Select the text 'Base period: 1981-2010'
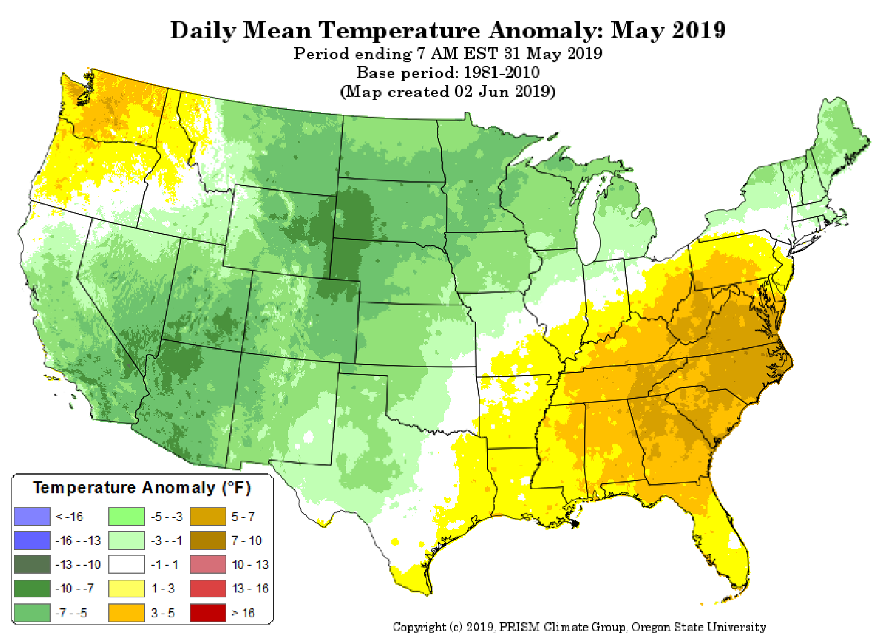(x=448, y=73)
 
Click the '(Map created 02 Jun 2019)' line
(x=447, y=92)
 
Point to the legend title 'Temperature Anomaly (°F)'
(x=142, y=488)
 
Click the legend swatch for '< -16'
(x=32, y=516)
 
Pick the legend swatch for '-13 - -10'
(x=32, y=564)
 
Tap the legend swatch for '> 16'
(x=208, y=612)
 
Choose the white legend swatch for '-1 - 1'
(x=126, y=564)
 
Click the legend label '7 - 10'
(x=247, y=540)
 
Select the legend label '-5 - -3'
(x=167, y=517)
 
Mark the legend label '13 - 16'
(x=250, y=588)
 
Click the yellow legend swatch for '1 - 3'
(x=126, y=588)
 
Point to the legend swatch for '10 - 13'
(x=208, y=564)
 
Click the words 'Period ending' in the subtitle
(x=353, y=54)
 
